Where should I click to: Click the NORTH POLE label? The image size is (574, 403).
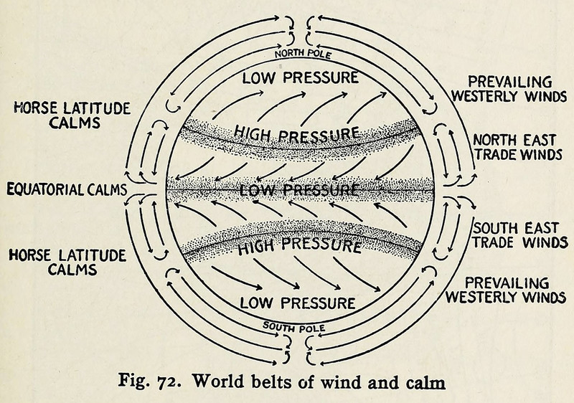pos(300,54)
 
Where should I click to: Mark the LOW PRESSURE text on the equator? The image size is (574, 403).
pos(298,190)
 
